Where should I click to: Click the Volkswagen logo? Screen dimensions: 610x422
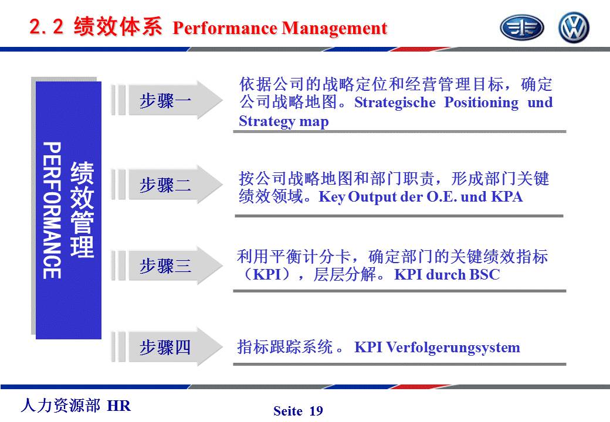click(x=574, y=27)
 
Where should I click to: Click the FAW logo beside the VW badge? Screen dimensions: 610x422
click(x=521, y=28)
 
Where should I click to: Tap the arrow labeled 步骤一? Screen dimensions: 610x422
click(x=167, y=100)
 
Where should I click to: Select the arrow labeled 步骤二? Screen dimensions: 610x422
click(x=167, y=184)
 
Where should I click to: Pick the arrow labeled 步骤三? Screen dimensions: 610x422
click(x=167, y=266)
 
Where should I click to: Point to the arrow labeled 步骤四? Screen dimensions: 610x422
click(x=167, y=346)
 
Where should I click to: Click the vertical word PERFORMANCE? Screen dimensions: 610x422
click(x=52, y=210)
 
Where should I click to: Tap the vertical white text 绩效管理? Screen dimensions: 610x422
click(x=82, y=210)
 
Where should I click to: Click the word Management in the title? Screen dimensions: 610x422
click(x=334, y=28)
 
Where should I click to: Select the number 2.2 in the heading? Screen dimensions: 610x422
click(x=46, y=27)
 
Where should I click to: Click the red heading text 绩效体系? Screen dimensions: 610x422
click(x=117, y=26)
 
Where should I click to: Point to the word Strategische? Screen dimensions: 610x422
click(x=395, y=103)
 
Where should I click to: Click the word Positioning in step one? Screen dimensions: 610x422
click(x=481, y=103)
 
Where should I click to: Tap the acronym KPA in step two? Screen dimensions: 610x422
click(x=507, y=196)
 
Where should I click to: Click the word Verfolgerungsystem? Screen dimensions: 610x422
click(x=453, y=348)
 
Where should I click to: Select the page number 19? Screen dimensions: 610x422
click(x=316, y=411)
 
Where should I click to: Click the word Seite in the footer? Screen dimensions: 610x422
click(x=288, y=411)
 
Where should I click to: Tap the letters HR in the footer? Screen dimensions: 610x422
click(x=118, y=406)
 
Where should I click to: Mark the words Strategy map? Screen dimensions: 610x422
click(x=284, y=121)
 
